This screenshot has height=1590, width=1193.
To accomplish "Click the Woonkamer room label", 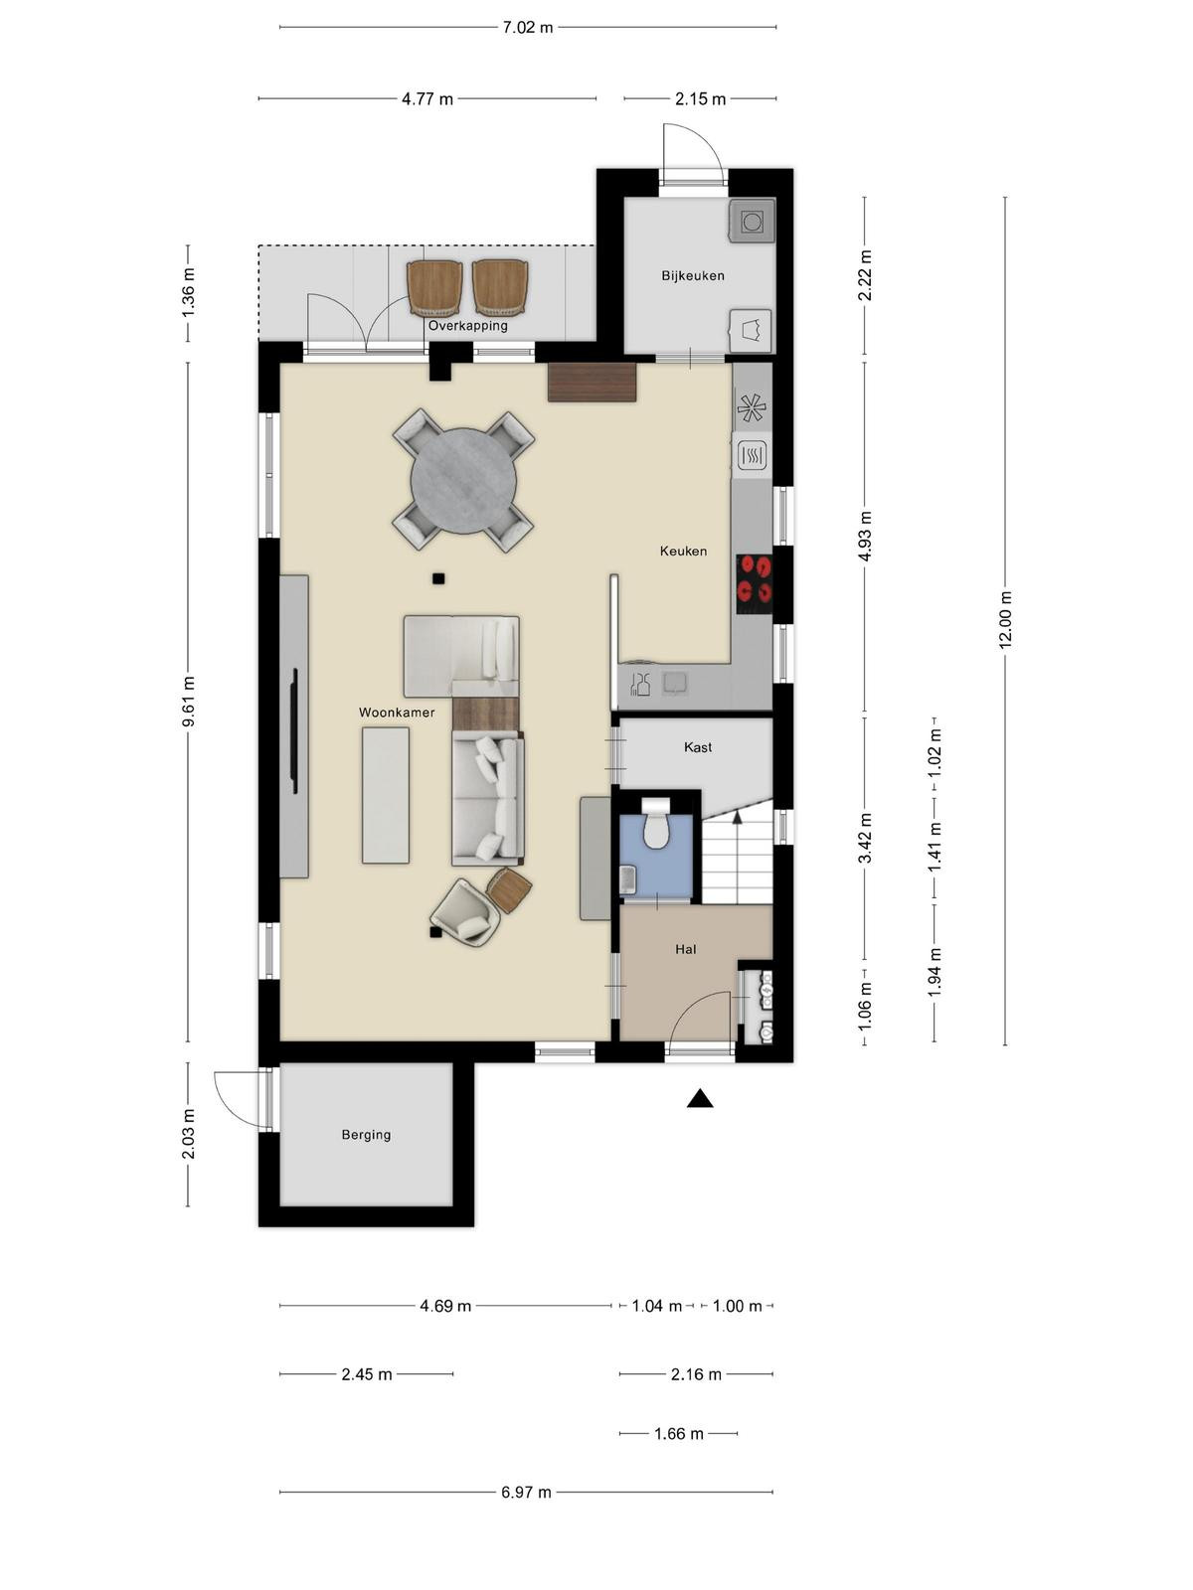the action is click(397, 713).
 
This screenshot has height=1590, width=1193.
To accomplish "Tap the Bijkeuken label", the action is click(693, 276).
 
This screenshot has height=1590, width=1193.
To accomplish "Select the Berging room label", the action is click(366, 1135).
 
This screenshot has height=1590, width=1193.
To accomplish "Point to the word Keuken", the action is click(683, 552).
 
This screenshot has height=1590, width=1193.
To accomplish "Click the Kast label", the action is click(698, 747).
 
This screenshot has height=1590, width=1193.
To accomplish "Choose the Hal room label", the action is click(685, 949).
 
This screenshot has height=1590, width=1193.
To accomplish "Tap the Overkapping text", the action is click(467, 326).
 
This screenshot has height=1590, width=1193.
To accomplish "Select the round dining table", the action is click(463, 481).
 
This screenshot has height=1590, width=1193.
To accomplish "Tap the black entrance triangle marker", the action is click(700, 1099).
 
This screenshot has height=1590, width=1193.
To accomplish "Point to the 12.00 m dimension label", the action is click(1005, 620).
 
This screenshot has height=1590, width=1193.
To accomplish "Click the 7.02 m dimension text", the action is click(527, 28).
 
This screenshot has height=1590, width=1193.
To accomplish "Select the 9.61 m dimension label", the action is click(188, 702).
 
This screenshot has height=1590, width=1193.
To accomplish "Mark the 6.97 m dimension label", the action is click(526, 1493).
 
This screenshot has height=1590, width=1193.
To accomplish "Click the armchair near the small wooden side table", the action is click(466, 911).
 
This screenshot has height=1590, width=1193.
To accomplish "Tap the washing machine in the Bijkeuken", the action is click(752, 221).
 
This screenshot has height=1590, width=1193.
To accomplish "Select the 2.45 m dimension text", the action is click(367, 1374).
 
